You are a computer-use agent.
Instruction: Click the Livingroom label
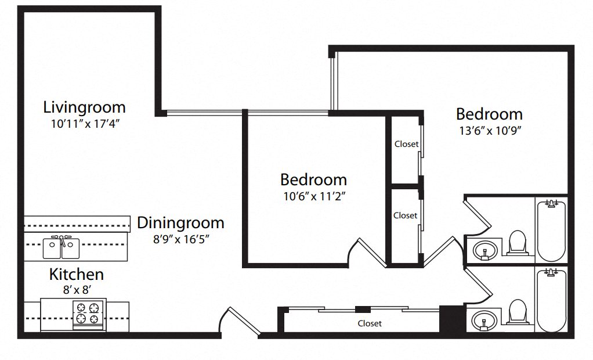click(x=84, y=107)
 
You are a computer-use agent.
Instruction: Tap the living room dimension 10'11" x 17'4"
click(x=85, y=123)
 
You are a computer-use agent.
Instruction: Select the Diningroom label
click(x=180, y=222)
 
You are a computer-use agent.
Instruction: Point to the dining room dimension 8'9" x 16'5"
click(x=180, y=238)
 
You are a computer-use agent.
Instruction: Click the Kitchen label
click(x=76, y=274)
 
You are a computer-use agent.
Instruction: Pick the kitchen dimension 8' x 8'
click(x=76, y=289)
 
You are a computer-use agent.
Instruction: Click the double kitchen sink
click(x=61, y=248)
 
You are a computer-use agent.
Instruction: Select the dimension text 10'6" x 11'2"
click(x=313, y=196)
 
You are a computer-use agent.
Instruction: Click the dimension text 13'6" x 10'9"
click(x=491, y=130)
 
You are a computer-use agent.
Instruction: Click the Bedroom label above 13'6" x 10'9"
click(x=489, y=114)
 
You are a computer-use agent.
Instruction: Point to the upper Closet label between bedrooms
click(x=406, y=144)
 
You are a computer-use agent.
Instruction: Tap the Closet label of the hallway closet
click(x=370, y=323)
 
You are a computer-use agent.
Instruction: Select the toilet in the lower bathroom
click(x=516, y=312)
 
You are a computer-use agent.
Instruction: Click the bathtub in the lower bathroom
click(x=551, y=300)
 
